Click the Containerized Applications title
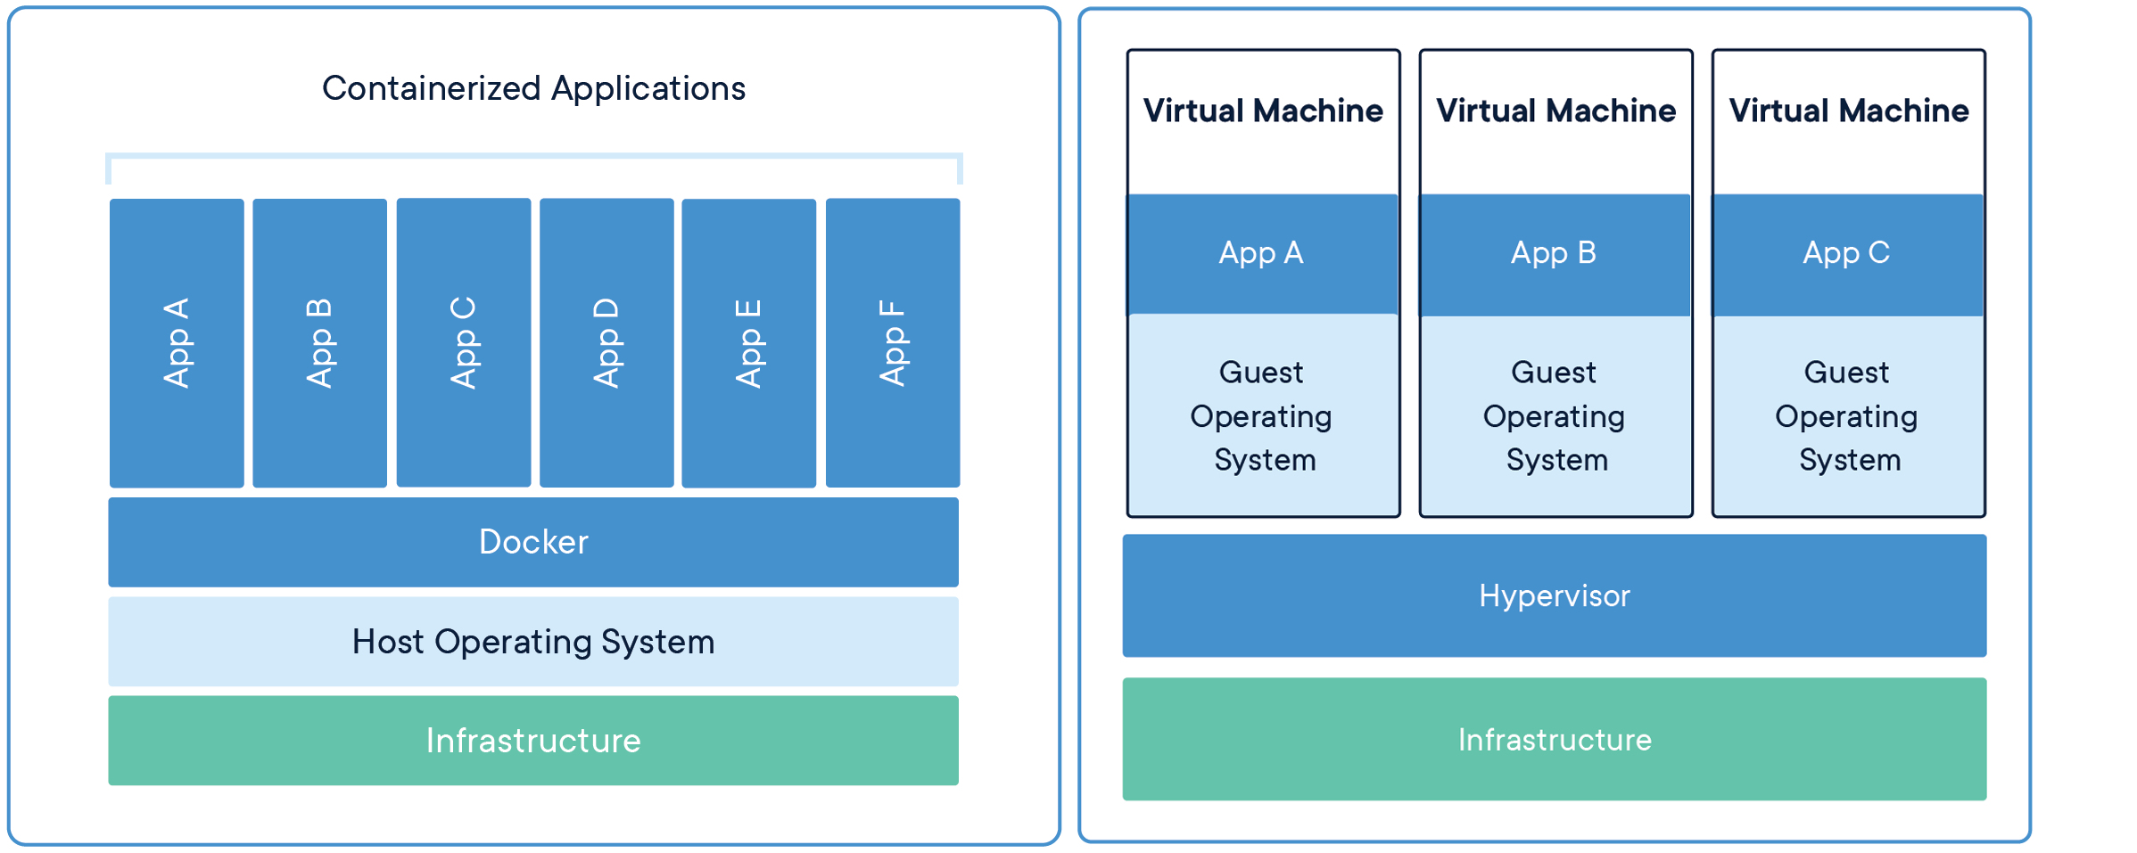click(533, 88)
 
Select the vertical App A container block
click(177, 343)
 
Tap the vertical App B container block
click(319, 343)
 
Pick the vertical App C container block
click(463, 343)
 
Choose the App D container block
click(606, 343)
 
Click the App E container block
click(748, 343)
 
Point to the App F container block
click(893, 343)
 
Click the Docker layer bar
click(533, 542)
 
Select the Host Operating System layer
click(533, 642)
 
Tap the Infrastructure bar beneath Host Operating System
click(533, 741)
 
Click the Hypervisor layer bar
click(1554, 595)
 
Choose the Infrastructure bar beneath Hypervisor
click(1554, 739)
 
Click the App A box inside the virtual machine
click(1262, 254)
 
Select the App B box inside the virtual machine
click(1555, 254)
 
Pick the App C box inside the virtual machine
click(1847, 254)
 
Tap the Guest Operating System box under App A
click(1262, 415)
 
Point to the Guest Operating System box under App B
click(1555, 415)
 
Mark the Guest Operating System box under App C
click(1847, 415)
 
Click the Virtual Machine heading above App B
click(1555, 111)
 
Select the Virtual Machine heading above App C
click(1848, 111)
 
